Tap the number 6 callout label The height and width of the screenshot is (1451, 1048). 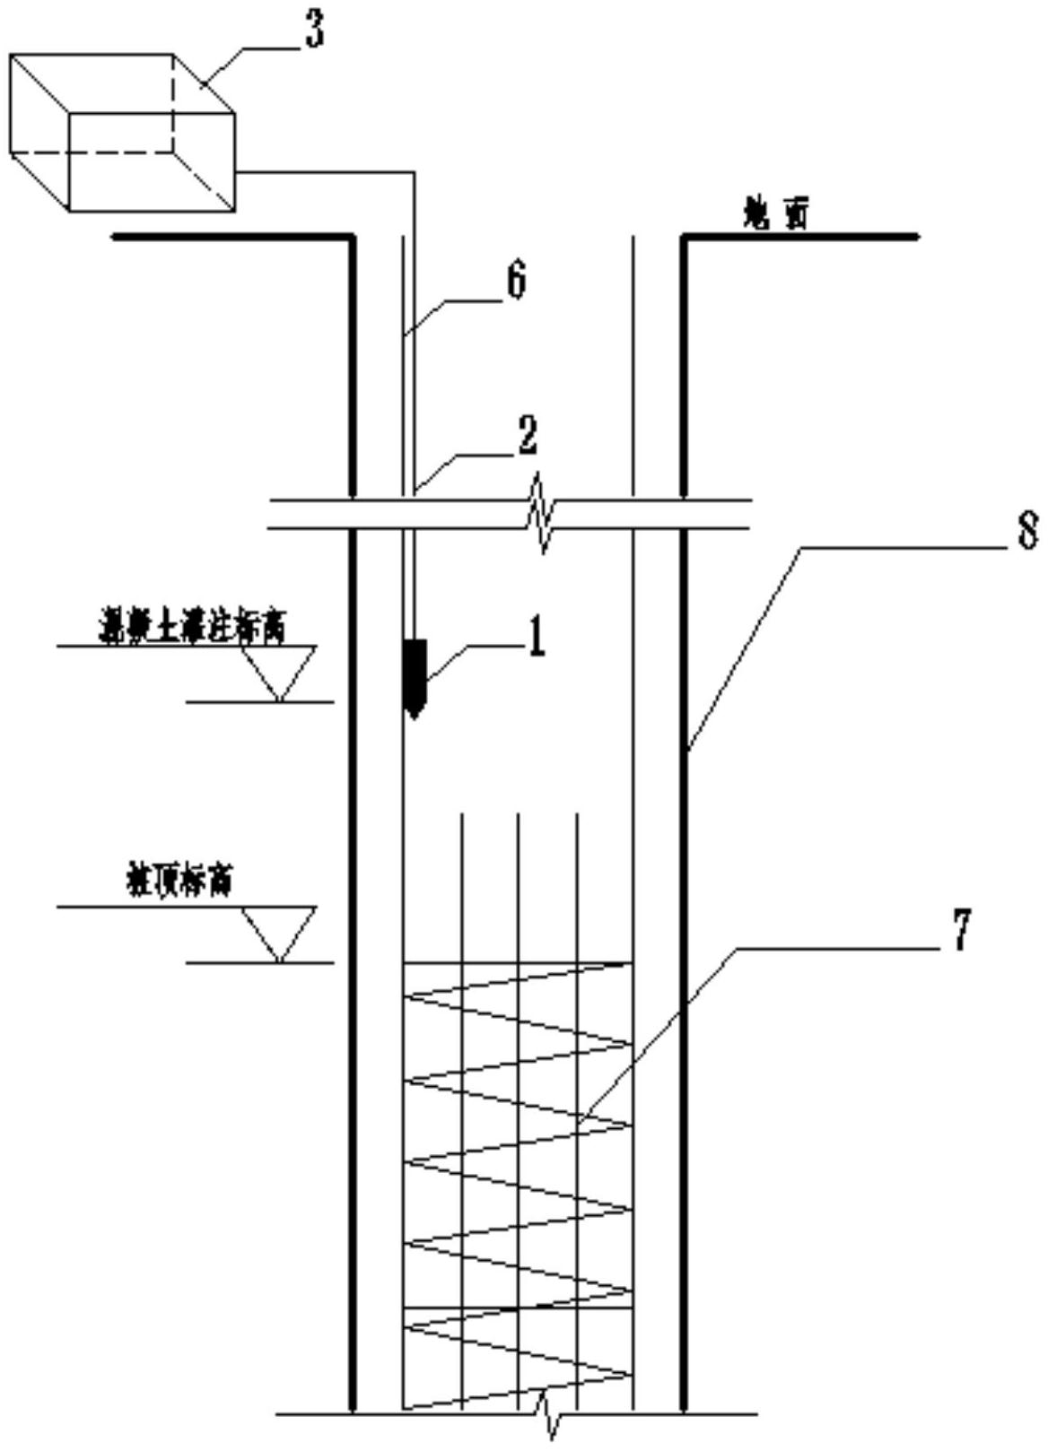(x=516, y=282)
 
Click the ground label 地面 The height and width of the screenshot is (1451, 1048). (x=775, y=214)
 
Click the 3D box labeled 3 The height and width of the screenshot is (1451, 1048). (x=122, y=132)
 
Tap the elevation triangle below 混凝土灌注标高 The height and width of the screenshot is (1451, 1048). (x=280, y=671)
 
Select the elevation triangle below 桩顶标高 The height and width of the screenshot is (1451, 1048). (x=280, y=933)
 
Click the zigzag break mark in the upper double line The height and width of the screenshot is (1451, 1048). (x=542, y=513)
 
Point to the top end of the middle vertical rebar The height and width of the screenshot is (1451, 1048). (x=519, y=815)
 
